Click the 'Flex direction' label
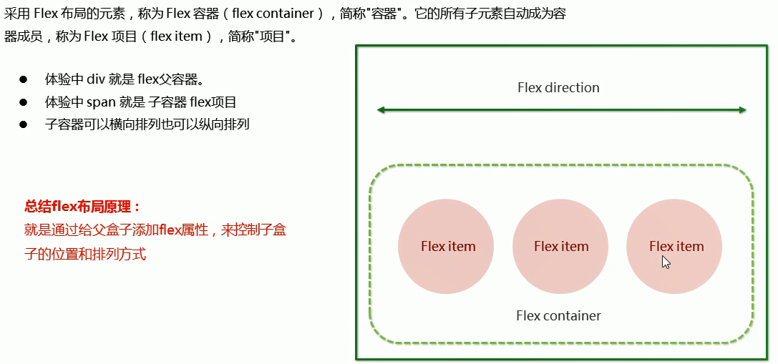(558, 88)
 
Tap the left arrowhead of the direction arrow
(381, 109)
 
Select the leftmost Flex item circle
(446, 246)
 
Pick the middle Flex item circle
(560, 246)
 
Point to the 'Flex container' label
(558, 315)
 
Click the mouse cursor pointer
(666, 262)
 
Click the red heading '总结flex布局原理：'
(82, 207)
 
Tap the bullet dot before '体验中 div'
(23, 79)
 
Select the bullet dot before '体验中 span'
(23, 102)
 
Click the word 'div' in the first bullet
(97, 79)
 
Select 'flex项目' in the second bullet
(213, 102)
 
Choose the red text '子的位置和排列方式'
(85, 254)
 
